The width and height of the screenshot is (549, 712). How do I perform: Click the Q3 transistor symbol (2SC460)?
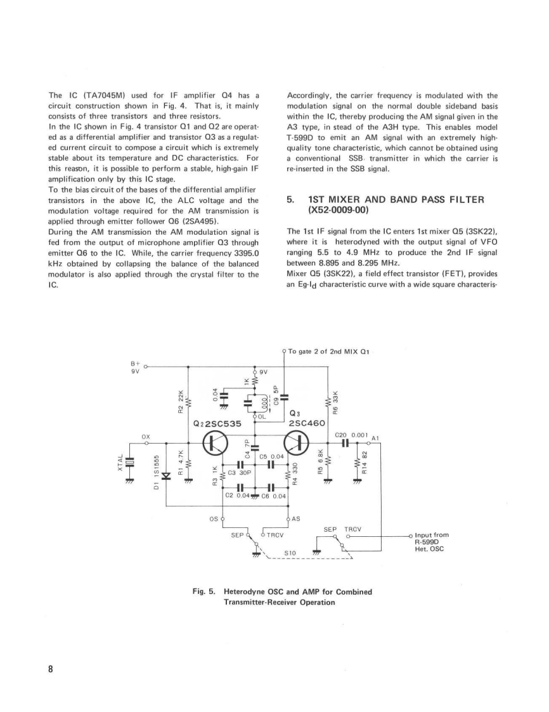(x=296, y=443)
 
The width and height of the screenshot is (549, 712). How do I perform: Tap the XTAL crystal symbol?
(x=129, y=465)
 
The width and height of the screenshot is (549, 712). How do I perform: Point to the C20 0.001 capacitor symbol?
(x=346, y=443)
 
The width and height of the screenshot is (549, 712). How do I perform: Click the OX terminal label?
(x=146, y=436)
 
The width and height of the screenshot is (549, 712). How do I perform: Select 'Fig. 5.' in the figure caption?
(x=205, y=591)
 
